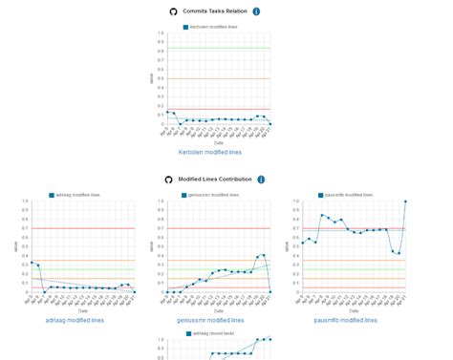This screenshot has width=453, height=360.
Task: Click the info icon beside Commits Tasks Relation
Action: click(x=257, y=11)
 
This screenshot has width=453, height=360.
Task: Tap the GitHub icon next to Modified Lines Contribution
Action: click(x=168, y=179)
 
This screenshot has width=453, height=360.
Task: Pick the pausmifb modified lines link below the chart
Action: click(x=345, y=320)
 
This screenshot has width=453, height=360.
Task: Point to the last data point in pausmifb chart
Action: click(x=405, y=201)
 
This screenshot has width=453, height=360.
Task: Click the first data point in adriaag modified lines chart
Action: click(x=32, y=262)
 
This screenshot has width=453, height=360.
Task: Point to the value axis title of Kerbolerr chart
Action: click(x=151, y=79)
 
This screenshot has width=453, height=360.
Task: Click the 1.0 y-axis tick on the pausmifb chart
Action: click(x=295, y=201)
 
